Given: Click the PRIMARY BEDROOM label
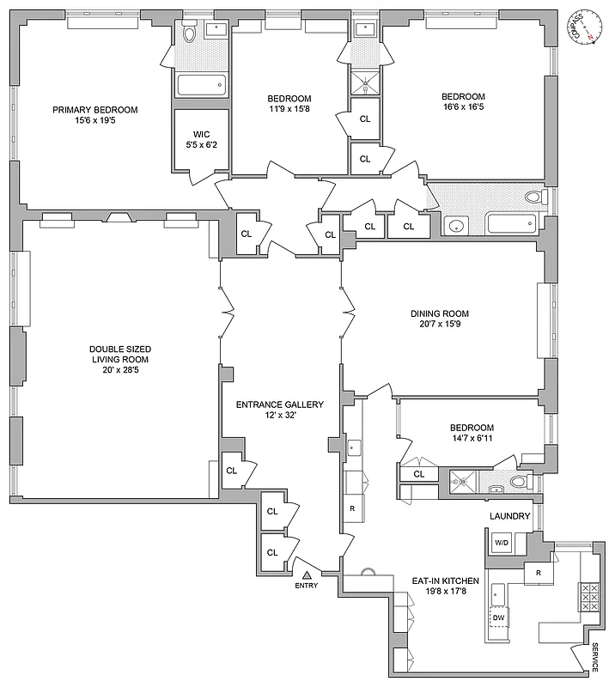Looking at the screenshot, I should [94, 109].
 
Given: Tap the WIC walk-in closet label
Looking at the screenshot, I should [201, 134].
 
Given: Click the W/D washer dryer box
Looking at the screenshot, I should [501, 543].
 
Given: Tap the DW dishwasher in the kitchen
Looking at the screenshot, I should [498, 617].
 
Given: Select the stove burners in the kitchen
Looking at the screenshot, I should [590, 597].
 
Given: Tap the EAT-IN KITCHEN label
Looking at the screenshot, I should [444, 581].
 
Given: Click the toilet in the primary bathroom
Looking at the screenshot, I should [190, 34].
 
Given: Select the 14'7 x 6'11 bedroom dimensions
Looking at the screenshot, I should [472, 440].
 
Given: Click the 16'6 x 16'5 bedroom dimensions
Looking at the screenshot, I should [463, 109].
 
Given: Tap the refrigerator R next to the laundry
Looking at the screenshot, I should [538, 571].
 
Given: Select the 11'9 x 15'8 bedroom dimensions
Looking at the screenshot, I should [288, 109].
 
